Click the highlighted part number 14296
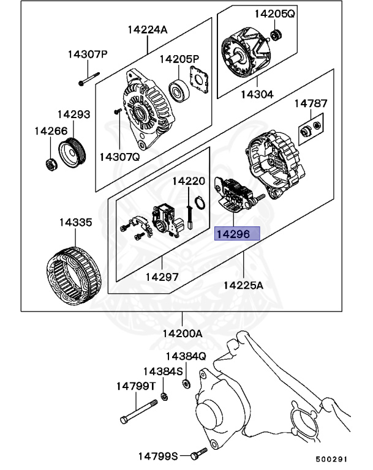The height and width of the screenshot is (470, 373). click(237, 234)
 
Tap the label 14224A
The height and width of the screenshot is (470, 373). click(147, 29)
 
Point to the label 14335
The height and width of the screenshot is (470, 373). click(75, 223)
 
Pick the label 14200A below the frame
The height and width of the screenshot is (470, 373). click(182, 334)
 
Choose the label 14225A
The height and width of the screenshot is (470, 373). click(243, 285)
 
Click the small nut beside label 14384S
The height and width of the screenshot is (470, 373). click(165, 397)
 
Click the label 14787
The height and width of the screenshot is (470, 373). click(311, 104)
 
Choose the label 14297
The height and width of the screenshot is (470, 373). click(162, 276)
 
